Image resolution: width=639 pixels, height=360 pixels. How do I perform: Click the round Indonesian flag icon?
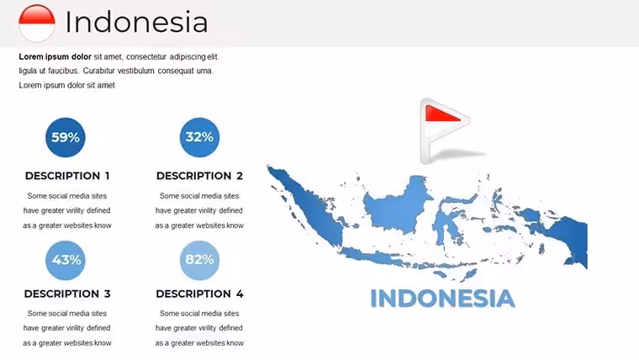[x=37, y=23]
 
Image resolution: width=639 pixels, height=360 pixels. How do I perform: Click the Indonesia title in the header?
[x=136, y=22]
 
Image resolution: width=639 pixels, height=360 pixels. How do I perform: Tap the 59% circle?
[x=66, y=137]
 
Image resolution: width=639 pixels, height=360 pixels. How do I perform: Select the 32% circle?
[x=199, y=137]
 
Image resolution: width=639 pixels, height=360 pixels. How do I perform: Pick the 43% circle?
[x=66, y=260]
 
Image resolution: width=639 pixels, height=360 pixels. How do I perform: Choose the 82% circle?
[x=199, y=260]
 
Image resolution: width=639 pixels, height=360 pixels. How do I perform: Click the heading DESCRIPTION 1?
[x=67, y=176]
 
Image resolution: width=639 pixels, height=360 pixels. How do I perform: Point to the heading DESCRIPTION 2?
[x=199, y=176]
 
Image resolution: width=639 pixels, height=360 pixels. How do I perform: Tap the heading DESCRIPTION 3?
[x=67, y=294]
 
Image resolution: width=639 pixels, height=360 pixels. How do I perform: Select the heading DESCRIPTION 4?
[x=199, y=294]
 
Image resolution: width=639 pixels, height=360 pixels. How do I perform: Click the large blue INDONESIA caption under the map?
[x=442, y=299]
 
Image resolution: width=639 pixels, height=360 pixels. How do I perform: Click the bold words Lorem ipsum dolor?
[x=55, y=56]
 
